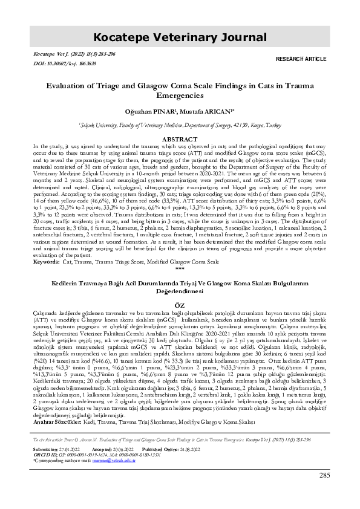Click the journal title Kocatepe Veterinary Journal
coord(180,37)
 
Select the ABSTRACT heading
coord(180,122)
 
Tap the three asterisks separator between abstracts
coord(179,268)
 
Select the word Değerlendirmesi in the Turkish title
coord(179,290)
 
